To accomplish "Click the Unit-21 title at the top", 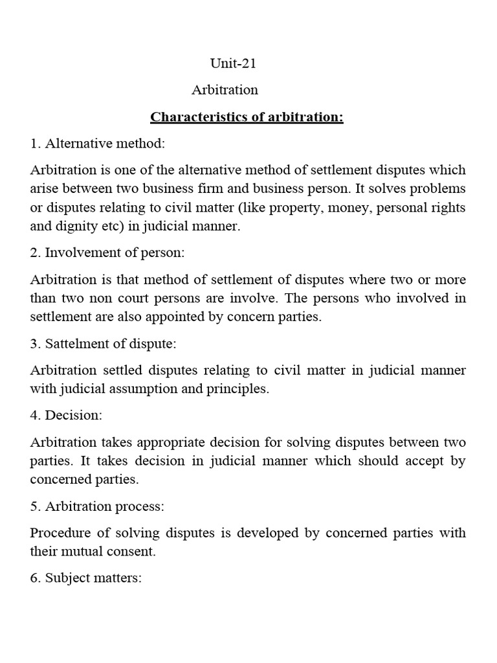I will [x=229, y=63].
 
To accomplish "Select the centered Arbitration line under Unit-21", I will [x=225, y=89].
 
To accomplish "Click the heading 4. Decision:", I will [x=66, y=416].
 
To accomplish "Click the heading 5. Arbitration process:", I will [x=97, y=506].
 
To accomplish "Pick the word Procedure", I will [x=60, y=533].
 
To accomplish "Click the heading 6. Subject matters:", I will [x=85, y=578].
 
